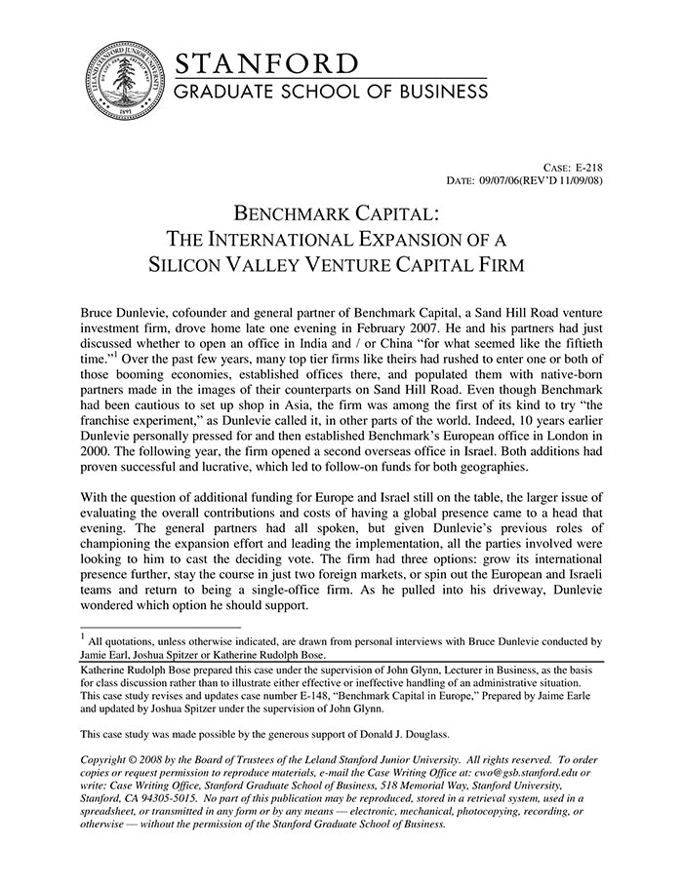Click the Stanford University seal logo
coord(122,82)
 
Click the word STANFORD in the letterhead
coord(266,64)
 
